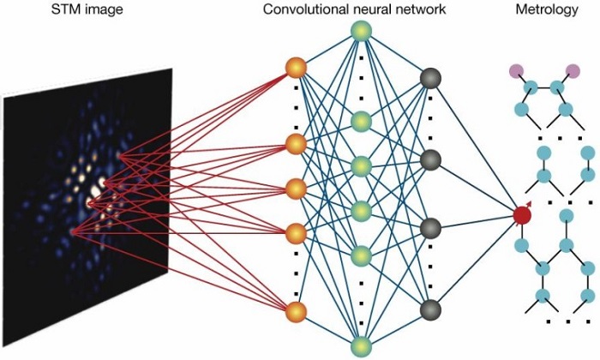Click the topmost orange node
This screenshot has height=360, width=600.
tap(296, 67)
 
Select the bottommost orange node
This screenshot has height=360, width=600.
tap(296, 312)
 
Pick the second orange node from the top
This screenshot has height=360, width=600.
tap(296, 143)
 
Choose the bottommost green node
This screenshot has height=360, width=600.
tap(361, 346)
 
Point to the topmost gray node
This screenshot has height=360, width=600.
tap(431, 80)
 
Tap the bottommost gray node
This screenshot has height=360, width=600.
tap(431, 309)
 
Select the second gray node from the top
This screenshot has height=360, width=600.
tap(431, 159)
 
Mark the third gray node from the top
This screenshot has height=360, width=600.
tap(431, 228)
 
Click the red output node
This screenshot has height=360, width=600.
tap(522, 215)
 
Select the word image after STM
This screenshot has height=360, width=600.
tap(99, 10)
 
